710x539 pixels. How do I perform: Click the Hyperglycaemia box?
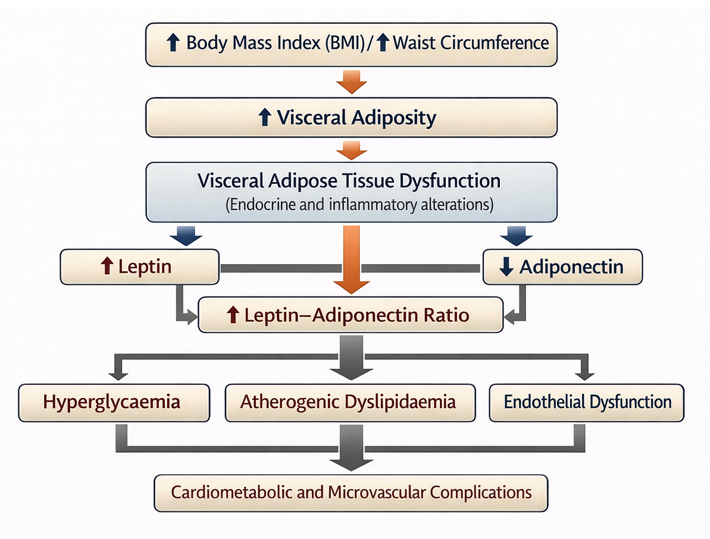tap(114, 403)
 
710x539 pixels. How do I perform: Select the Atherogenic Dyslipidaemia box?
tap(349, 403)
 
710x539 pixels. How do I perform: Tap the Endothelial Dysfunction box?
tap(586, 403)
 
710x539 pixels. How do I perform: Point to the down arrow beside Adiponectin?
tap(506, 267)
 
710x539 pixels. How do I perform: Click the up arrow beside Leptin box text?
tap(108, 267)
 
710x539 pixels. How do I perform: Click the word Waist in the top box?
tap(415, 43)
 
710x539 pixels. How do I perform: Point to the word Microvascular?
tap(375, 493)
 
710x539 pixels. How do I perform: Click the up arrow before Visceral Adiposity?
tap(266, 118)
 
